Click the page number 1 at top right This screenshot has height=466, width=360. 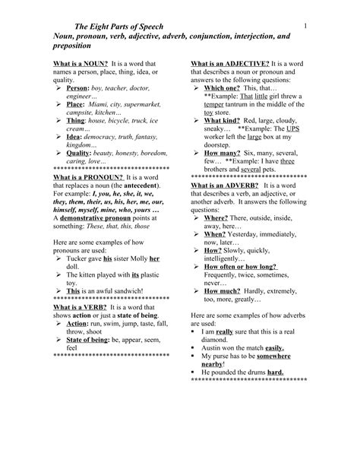click(x=303, y=27)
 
